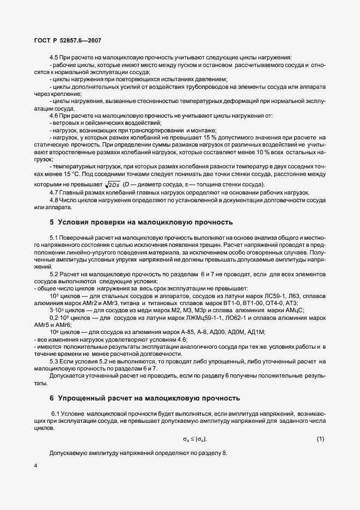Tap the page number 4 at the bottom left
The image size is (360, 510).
coord(35,466)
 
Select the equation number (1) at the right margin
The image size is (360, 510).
coord(320,439)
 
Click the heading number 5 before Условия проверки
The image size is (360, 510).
coord(52,222)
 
